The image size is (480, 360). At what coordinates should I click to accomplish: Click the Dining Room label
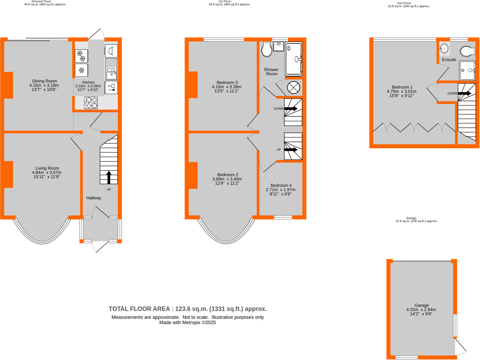pos(44,81)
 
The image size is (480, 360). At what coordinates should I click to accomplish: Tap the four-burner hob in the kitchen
pos(91,103)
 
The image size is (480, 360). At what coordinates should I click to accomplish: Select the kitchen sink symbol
pos(111,69)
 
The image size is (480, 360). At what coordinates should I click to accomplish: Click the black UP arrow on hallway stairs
pos(108,177)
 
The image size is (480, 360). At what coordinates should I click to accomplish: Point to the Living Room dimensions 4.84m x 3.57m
pos(47,173)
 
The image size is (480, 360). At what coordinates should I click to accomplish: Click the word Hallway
pos(94,198)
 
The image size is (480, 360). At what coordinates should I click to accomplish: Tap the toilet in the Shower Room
pos(266,50)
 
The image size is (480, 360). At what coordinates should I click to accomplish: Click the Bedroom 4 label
pos(281,185)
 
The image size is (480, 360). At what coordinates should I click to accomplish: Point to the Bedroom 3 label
pos(227,82)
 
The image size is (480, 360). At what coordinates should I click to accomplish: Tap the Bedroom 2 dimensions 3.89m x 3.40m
pos(227,179)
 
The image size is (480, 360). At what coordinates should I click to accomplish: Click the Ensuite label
pos(449,59)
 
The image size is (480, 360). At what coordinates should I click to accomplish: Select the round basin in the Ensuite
pos(444,49)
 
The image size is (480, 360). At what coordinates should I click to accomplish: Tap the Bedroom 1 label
pos(402,87)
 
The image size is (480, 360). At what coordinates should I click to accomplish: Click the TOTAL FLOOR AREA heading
pos(188,309)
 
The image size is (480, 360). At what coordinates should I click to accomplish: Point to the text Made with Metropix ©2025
pos(188,322)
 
